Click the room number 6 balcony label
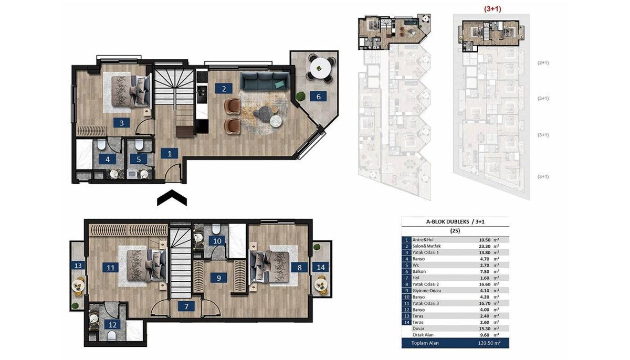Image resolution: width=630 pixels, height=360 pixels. coord(318,97)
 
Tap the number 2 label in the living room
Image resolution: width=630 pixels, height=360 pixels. coord(224,89)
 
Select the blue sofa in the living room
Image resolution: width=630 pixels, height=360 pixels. coord(266,80)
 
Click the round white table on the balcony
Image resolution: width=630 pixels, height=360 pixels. coord(320,68)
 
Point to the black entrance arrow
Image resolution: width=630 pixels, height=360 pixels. coord(172,198)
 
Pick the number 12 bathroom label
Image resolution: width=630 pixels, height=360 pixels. coord(112,325)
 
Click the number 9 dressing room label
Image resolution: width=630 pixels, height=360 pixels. coord(219,278)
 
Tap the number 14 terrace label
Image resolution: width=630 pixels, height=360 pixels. coord(321,267)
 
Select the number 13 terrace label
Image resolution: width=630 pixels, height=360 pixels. coord(78,266)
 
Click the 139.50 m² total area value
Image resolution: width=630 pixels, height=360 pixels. coord(490,343)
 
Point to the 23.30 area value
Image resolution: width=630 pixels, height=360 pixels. coord(485,246)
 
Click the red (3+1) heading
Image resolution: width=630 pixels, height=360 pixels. coord(492,9)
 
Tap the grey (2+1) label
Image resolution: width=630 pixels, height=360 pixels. coord(543,62)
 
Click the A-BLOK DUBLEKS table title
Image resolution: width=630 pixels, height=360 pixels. coord(448,221)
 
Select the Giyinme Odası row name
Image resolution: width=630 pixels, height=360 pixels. coord(427,291)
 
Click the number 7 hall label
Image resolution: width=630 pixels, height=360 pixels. coord(186,306)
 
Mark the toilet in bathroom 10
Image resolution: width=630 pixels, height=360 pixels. coord(216,229)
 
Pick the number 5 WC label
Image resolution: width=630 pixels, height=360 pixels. coord(139,160)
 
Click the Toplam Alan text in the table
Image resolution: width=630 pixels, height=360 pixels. coord(425,343)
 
